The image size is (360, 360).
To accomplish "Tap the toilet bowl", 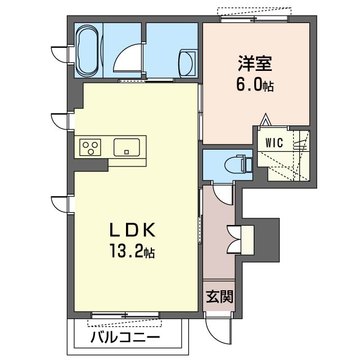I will click(238, 164).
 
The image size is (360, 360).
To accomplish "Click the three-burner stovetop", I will click(90, 147).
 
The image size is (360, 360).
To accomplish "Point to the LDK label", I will click(132, 229).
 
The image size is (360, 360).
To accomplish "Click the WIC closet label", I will click(275, 142).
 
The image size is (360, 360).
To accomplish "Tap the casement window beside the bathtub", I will click(59, 54).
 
